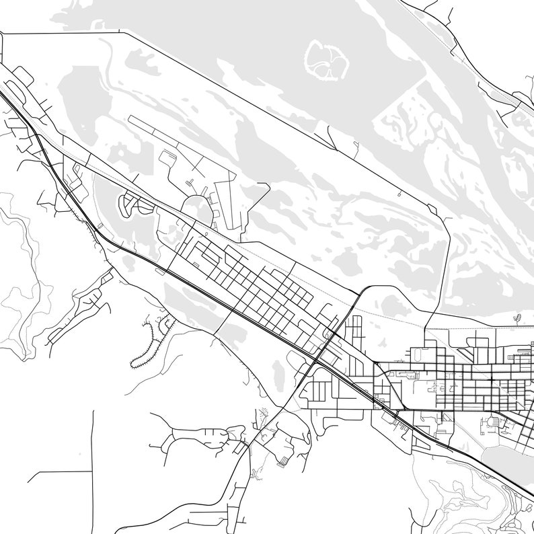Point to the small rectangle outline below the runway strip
click(x=167, y=159)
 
